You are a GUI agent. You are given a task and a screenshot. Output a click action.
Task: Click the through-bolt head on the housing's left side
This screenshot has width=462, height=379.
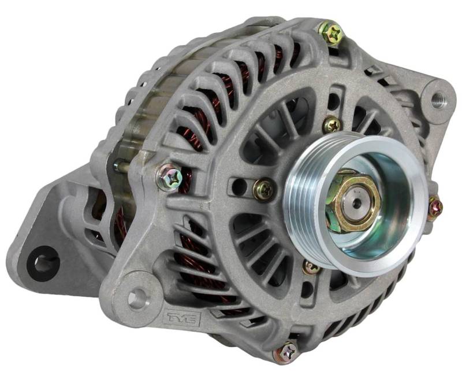click(x=170, y=178)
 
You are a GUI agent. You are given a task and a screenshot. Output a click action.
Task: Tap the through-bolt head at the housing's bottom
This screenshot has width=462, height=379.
click(x=286, y=353)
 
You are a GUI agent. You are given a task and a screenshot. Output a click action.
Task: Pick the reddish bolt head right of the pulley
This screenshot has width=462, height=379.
click(x=435, y=206)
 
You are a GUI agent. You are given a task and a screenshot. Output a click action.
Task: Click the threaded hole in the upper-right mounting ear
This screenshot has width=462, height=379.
click(x=438, y=100)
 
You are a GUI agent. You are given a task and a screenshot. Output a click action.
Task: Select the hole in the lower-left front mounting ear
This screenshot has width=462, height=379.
click(x=137, y=296)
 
